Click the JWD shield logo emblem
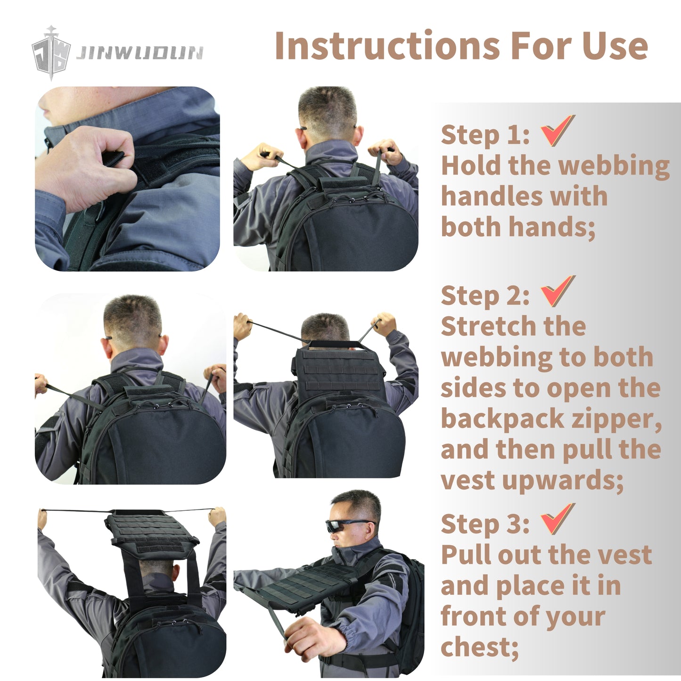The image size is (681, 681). click(x=51, y=53)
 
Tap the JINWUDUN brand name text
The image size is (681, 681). click(x=140, y=53)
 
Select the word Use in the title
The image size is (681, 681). click(x=615, y=46)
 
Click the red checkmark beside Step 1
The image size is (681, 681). click(x=558, y=131)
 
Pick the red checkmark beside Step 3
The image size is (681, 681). click(x=558, y=519)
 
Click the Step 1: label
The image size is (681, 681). click(x=485, y=135)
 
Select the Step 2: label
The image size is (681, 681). click(x=485, y=296)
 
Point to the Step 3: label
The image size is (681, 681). click(x=485, y=524)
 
